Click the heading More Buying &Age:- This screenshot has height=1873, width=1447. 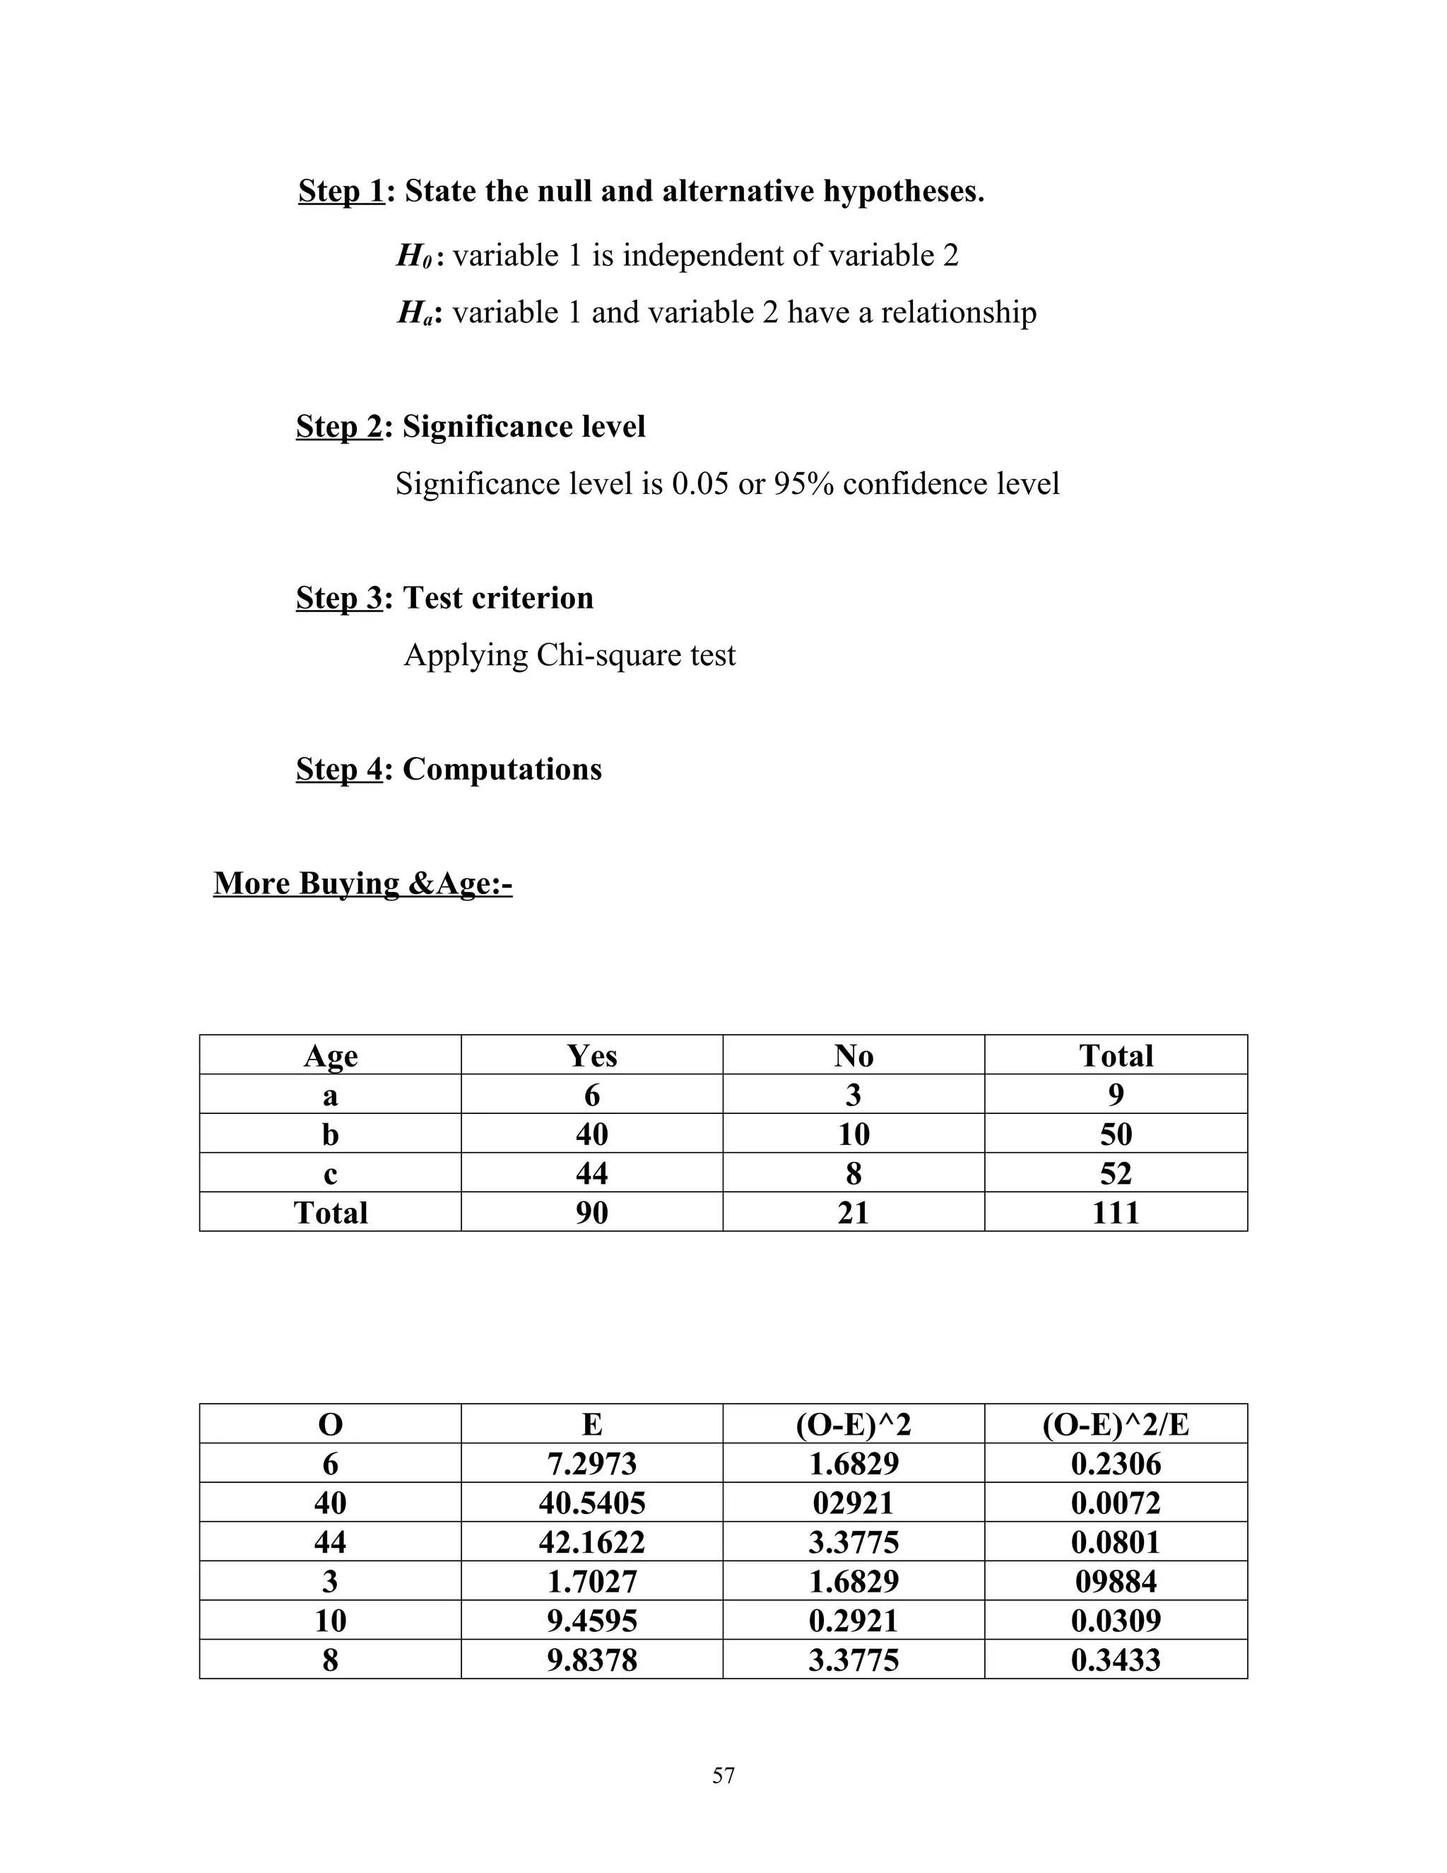point(362,883)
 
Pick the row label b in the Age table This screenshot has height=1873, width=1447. point(330,1134)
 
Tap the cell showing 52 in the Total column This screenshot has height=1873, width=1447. point(1115,1173)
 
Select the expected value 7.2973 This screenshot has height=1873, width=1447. point(591,1463)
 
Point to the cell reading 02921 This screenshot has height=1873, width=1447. point(853,1503)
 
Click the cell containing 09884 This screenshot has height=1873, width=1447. point(1115,1580)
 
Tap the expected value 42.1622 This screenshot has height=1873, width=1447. point(591,1542)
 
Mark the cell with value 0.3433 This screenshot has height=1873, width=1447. point(1115,1660)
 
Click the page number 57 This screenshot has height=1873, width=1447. point(723,1775)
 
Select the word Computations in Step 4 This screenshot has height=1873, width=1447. point(502,768)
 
